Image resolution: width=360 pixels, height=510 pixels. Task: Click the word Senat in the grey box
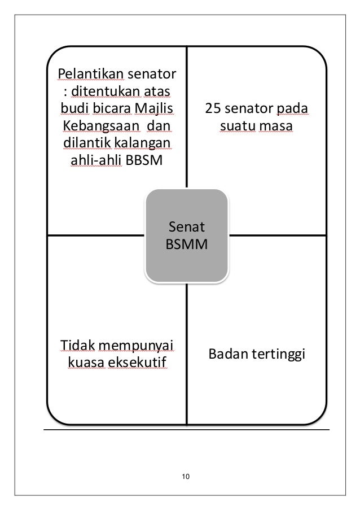tap(186, 228)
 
